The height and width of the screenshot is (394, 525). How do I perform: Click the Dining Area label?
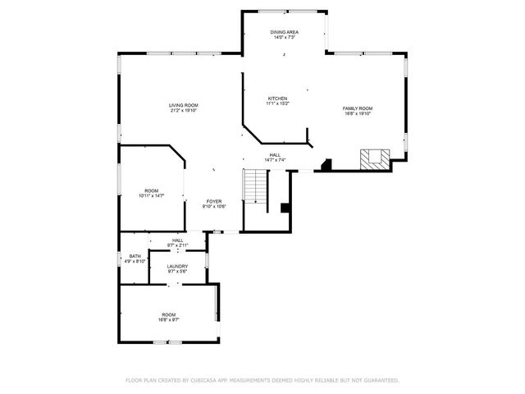pos(283,32)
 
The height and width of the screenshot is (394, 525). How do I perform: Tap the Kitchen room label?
pos(277,98)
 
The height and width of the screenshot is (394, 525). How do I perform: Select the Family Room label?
pos(357,108)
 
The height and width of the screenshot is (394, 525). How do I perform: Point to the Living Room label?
pos(184,105)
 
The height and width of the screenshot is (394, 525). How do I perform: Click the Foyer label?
pos(214,201)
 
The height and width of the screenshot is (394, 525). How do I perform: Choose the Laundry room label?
pos(178,266)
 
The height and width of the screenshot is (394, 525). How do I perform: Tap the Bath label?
pos(135,256)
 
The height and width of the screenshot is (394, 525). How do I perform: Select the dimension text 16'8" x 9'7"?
pos(168,320)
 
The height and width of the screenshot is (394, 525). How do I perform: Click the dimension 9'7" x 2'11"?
pos(178,245)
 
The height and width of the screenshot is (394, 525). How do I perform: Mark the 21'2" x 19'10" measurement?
pos(184,111)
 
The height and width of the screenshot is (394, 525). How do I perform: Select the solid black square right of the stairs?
pos(285,208)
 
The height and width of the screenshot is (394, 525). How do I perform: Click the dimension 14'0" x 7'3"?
pos(283,38)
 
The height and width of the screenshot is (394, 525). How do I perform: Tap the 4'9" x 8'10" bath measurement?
pos(135,261)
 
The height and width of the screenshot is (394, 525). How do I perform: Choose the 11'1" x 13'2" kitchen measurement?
pos(277,103)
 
